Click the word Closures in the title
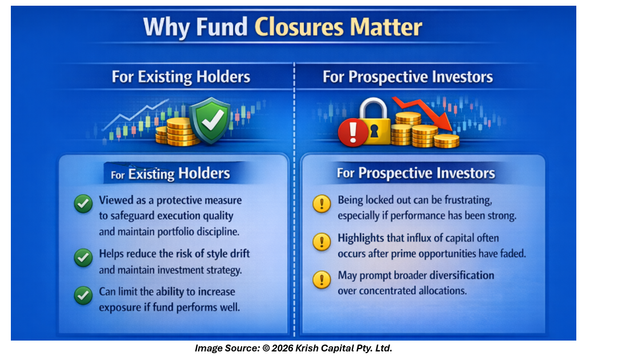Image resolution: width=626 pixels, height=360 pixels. pyautogui.click(x=299, y=27)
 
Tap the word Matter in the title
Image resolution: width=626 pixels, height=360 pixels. pyautogui.click(x=386, y=27)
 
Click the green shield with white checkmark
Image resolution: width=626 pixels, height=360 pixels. pyautogui.click(x=210, y=120)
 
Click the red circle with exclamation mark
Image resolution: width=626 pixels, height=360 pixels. pyautogui.click(x=353, y=133)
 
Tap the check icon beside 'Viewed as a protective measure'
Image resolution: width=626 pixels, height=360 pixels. pyautogui.click(x=83, y=204)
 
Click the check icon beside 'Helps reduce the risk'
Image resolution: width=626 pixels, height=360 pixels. pyautogui.click(x=83, y=258)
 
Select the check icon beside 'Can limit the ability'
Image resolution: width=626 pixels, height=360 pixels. pyautogui.click(x=83, y=295)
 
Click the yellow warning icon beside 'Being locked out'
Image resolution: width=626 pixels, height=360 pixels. pyautogui.click(x=322, y=204)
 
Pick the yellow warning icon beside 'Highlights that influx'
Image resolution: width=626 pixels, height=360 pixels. pyautogui.click(x=322, y=242)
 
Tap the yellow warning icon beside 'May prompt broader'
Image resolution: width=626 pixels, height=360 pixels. pyautogui.click(x=322, y=279)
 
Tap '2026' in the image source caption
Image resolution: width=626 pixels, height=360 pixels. pyautogui.click(x=282, y=348)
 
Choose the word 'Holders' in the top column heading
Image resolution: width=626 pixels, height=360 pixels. pyautogui.click(x=223, y=77)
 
